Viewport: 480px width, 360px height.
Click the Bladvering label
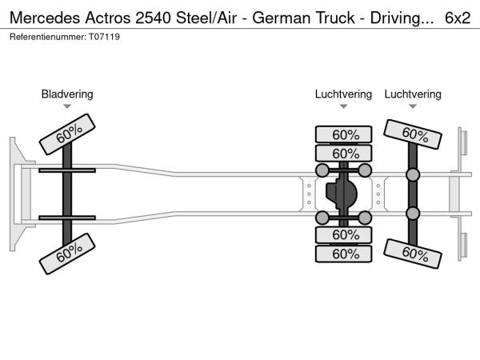click(67, 94)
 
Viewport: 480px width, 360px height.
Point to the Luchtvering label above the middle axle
click(343, 94)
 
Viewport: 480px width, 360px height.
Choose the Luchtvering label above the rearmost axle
click(413, 94)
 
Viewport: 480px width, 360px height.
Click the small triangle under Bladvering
click(67, 106)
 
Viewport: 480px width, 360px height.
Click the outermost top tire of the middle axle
click(343, 134)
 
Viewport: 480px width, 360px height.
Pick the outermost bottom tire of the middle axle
click(343, 254)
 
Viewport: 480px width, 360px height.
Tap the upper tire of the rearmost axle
click(413, 133)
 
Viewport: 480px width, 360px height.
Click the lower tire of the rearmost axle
click(413, 254)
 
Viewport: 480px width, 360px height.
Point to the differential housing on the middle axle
click(343, 194)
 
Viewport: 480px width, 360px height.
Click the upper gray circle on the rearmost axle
click(413, 175)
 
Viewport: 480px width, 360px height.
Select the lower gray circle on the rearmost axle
click(413, 213)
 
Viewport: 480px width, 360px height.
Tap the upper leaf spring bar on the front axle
click(68, 170)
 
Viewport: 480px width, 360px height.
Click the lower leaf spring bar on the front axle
click(68, 216)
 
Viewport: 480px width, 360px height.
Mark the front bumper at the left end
click(14, 193)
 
